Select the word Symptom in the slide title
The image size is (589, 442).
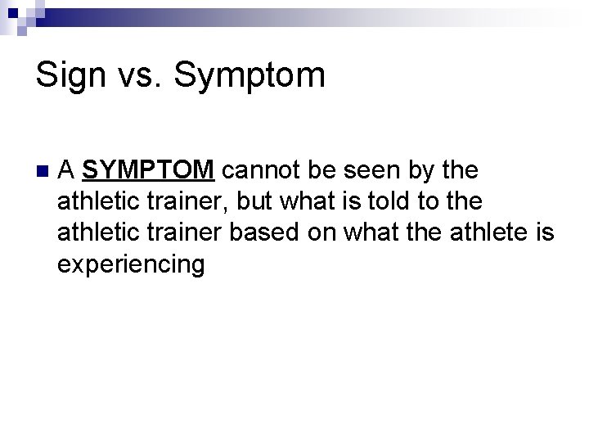tap(250, 77)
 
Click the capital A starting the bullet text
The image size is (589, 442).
tap(68, 170)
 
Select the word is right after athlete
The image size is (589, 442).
tap(544, 233)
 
